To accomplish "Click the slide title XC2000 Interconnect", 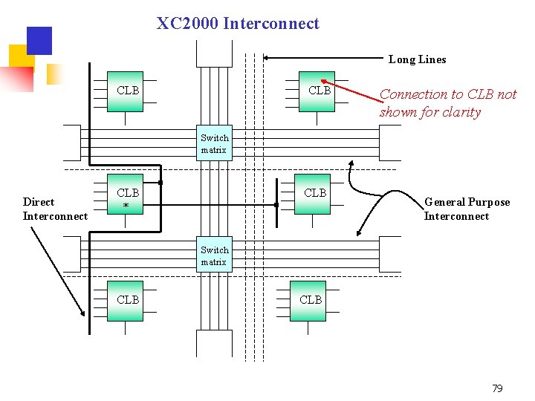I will pos(238,23).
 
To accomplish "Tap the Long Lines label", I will pos(417,59).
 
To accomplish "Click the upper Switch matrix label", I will pos(214,143).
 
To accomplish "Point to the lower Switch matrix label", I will pos(214,256).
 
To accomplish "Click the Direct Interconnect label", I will pos(55,209).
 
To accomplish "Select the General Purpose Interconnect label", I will pos(467,209).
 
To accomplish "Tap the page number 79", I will pos(497,388).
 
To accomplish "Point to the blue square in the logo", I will pos(39,41).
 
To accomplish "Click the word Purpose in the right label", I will pos(487,202).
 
